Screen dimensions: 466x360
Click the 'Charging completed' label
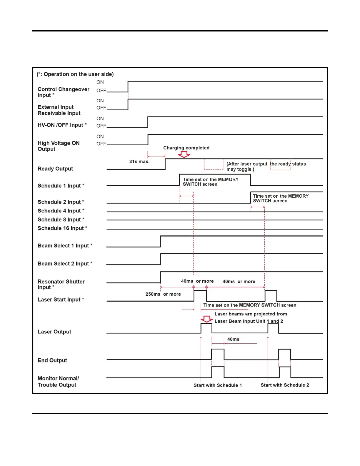click(186, 148)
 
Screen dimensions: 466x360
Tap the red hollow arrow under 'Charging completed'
click(184, 154)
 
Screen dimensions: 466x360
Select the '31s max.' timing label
click(139, 162)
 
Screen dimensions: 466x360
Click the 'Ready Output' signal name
click(55, 169)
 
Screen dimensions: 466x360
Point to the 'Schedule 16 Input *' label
click(62, 228)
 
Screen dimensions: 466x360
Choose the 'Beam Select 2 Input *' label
click(65, 264)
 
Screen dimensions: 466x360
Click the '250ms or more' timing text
click(163, 294)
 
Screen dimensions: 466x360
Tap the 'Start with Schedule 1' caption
click(218, 385)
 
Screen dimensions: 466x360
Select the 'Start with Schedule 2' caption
click(285, 385)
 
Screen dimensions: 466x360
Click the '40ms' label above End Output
click(233, 339)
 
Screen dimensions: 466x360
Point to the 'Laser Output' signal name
click(54, 332)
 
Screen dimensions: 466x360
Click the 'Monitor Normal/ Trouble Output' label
click(58, 382)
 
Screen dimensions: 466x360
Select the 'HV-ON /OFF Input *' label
click(62, 125)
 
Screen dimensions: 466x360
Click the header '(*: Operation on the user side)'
click(75, 74)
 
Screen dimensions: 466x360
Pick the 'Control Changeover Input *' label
click(63, 92)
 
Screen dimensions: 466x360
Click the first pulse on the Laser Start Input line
click(200, 295)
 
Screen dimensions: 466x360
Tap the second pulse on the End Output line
click(284, 354)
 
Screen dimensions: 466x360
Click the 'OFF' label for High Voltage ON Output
click(101, 144)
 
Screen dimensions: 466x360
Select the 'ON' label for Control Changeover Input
click(100, 82)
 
